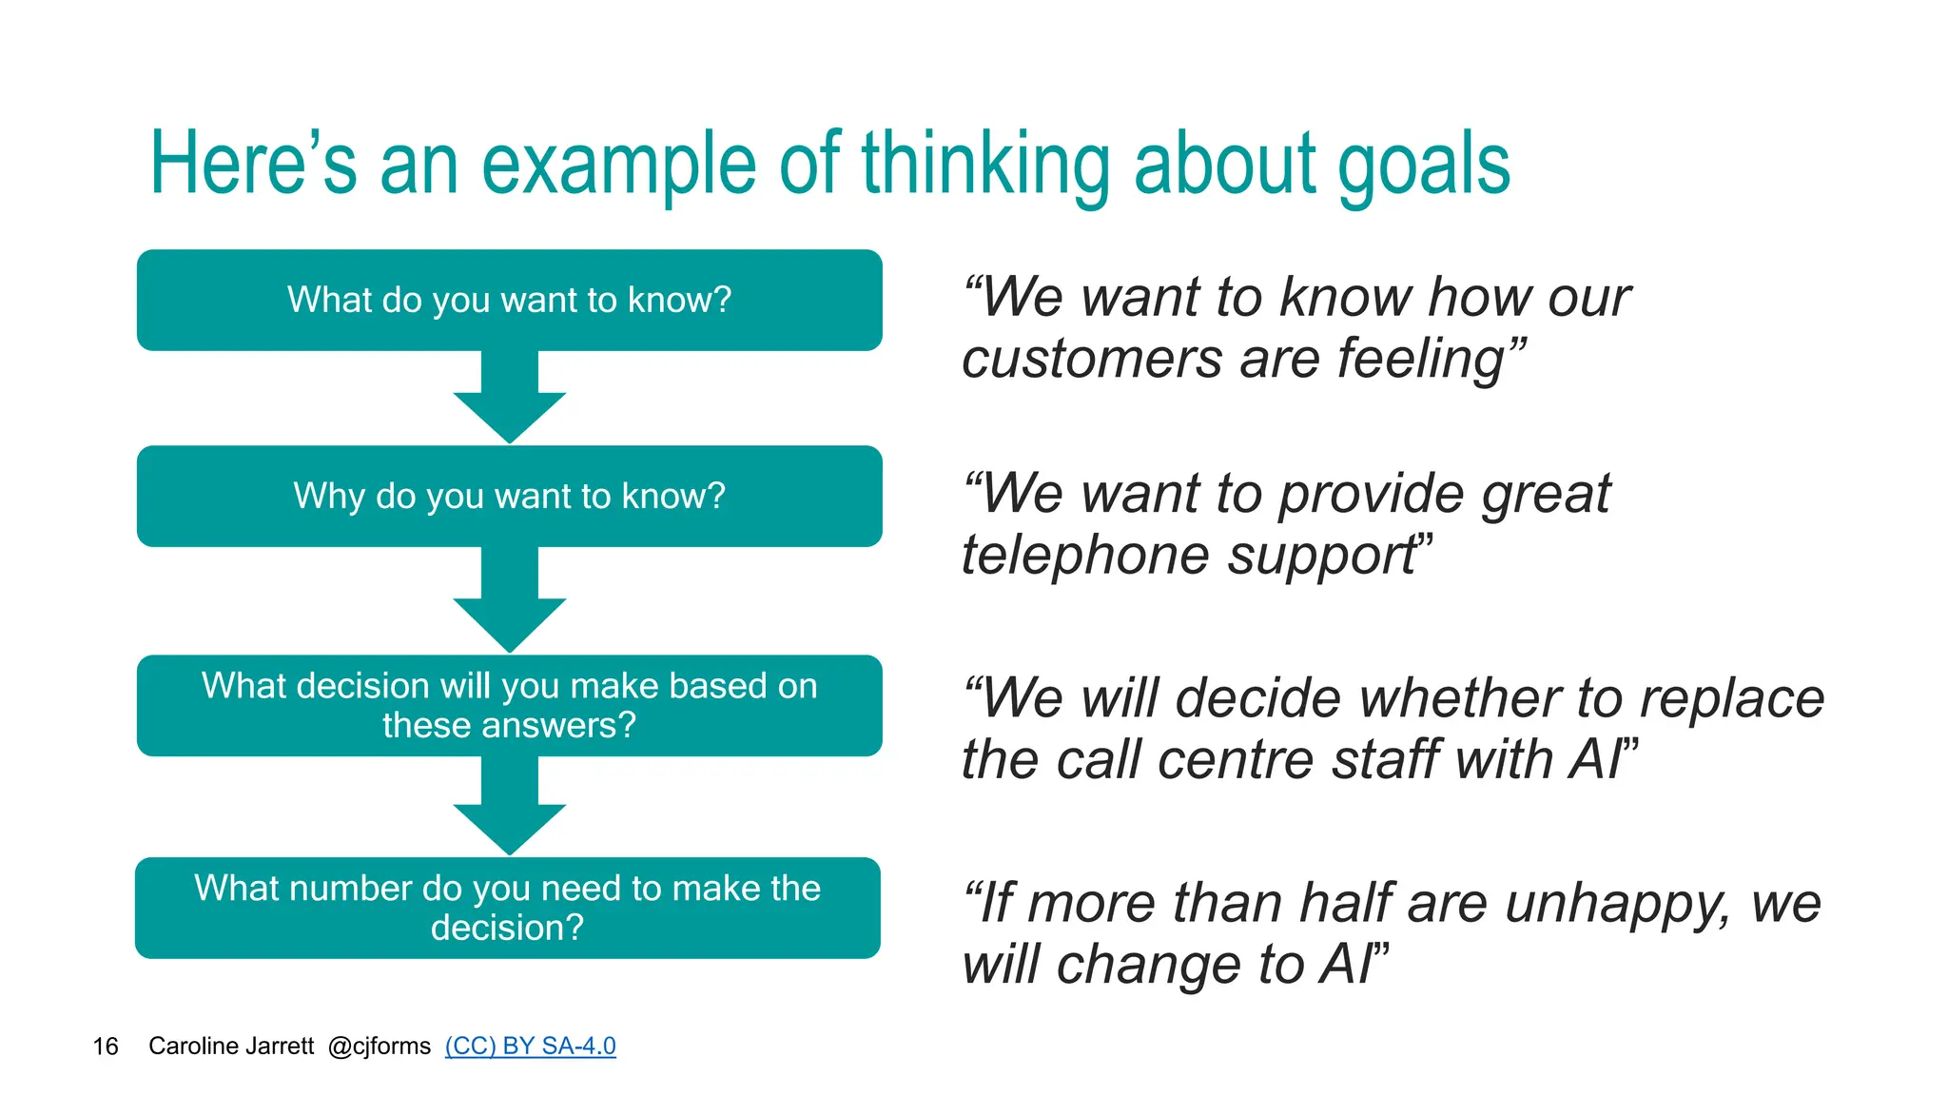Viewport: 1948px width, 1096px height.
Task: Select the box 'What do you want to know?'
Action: coord(509,300)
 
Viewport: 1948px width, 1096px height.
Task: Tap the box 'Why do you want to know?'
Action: coord(509,496)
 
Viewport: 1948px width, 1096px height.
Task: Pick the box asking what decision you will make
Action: coord(509,705)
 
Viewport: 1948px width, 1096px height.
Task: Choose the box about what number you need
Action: coord(507,908)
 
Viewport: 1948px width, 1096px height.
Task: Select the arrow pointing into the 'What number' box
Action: coord(509,810)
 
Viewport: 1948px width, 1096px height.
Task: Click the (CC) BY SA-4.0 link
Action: coord(530,1046)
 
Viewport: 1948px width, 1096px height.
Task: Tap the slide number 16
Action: coord(105,1047)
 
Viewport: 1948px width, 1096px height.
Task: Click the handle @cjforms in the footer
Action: coord(379,1047)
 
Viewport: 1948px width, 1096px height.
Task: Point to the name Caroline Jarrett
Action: coord(231,1047)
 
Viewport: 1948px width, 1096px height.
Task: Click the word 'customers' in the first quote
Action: coord(1091,360)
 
